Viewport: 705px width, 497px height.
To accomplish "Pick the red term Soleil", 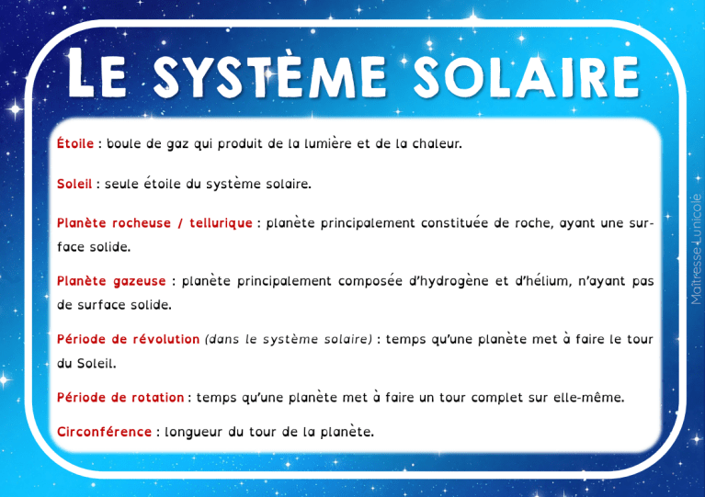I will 74,184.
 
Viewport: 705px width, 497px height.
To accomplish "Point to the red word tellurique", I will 221,223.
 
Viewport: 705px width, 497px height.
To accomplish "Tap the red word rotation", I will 154,398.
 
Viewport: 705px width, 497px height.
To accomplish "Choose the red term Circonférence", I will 104,431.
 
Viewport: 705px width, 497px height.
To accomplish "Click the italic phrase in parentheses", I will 289,339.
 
